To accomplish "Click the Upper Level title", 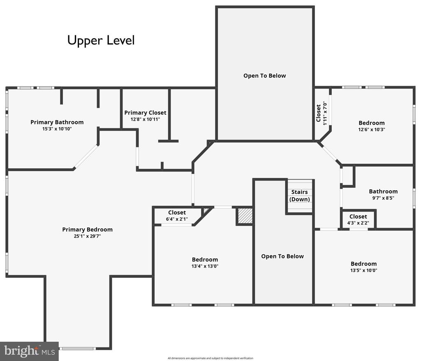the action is coord(101,41).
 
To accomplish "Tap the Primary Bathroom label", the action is coord(57,122).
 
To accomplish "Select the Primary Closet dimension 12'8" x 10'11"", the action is coord(145,119).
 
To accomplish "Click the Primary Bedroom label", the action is coord(87,229).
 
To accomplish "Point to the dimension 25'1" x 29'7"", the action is coord(87,236).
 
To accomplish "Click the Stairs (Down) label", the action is coord(299,196).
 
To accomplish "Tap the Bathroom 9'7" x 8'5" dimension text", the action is coord(383,198).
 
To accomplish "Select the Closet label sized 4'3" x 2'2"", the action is coord(358,217).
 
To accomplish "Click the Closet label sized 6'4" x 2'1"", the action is coord(177,212).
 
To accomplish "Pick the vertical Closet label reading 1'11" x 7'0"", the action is coord(319,113).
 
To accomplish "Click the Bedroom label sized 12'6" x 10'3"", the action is coord(372,123).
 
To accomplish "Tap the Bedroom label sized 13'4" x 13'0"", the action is coord(205,259).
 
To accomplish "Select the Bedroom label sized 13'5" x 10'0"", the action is coord(363,264).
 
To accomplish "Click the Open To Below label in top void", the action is coord(264,76).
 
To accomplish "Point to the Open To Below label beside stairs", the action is coord(282,256).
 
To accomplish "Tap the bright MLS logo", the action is coord(29,351).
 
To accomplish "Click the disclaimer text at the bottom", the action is coord(210,358).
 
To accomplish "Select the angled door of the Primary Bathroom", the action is coord(86,157).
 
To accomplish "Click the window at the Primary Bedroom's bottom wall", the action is coord(78,349).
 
